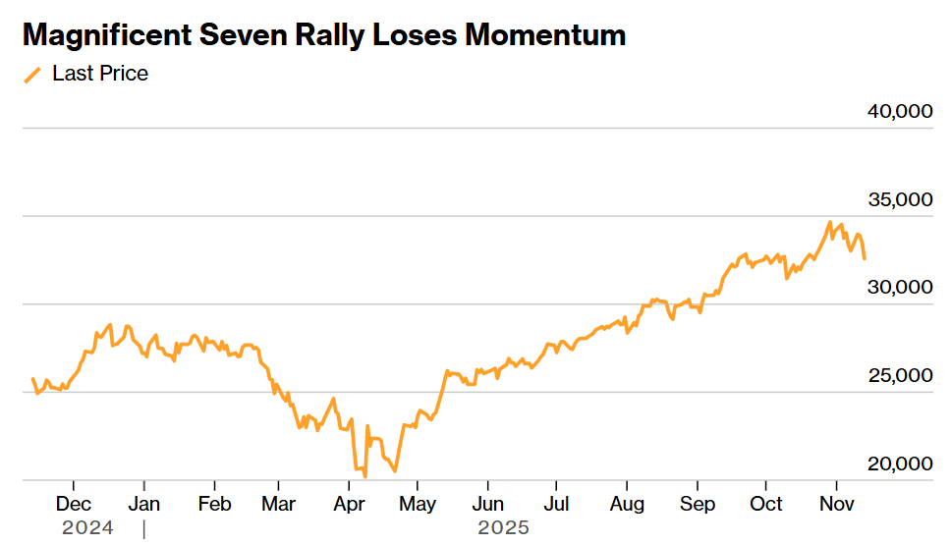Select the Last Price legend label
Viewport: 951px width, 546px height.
point(100,74)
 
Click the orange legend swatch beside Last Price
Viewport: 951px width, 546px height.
point(33,75)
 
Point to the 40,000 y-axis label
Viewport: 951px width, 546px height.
point(899,112)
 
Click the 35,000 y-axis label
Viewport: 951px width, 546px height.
point(899,200)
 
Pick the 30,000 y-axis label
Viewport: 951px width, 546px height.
point(899,288)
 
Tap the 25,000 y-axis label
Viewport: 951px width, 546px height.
point(899,376)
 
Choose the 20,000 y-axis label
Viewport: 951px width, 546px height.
point(899,464)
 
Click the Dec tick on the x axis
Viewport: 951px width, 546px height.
point(74,504)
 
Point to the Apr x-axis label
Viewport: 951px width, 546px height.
point(349,504)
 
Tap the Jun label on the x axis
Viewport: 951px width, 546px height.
point(487,504)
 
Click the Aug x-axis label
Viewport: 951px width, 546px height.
point(627,504)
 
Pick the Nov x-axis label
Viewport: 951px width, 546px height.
point(835,504)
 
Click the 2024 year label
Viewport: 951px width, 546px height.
point(87,528)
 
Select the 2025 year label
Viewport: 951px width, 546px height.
point(503,528)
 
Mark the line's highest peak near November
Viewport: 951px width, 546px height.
point(829,222)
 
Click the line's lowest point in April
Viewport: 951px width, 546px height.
point(365,476)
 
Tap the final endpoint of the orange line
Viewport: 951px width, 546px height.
point(865,258)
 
